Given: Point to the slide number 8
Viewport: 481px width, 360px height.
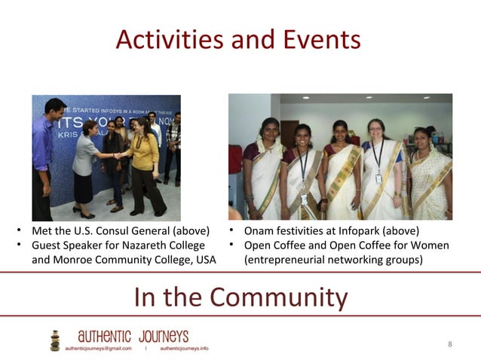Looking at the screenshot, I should (450, 344).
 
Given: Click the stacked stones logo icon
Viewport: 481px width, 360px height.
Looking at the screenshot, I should (54, 340).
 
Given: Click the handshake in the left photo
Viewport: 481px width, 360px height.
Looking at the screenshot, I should (118, 156).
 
